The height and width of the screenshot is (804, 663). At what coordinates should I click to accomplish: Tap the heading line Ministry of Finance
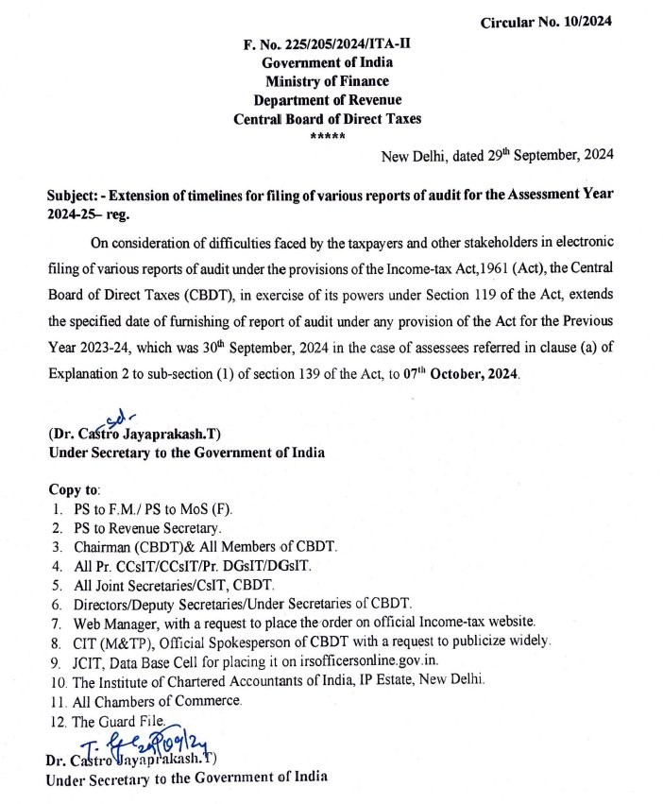(327, 82)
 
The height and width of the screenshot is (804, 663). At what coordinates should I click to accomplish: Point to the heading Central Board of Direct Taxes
(327, 119)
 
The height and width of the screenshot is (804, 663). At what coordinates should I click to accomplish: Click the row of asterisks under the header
(327, 137)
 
